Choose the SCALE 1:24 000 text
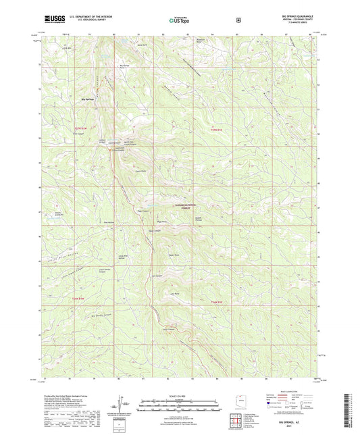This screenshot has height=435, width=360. point(179,396)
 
